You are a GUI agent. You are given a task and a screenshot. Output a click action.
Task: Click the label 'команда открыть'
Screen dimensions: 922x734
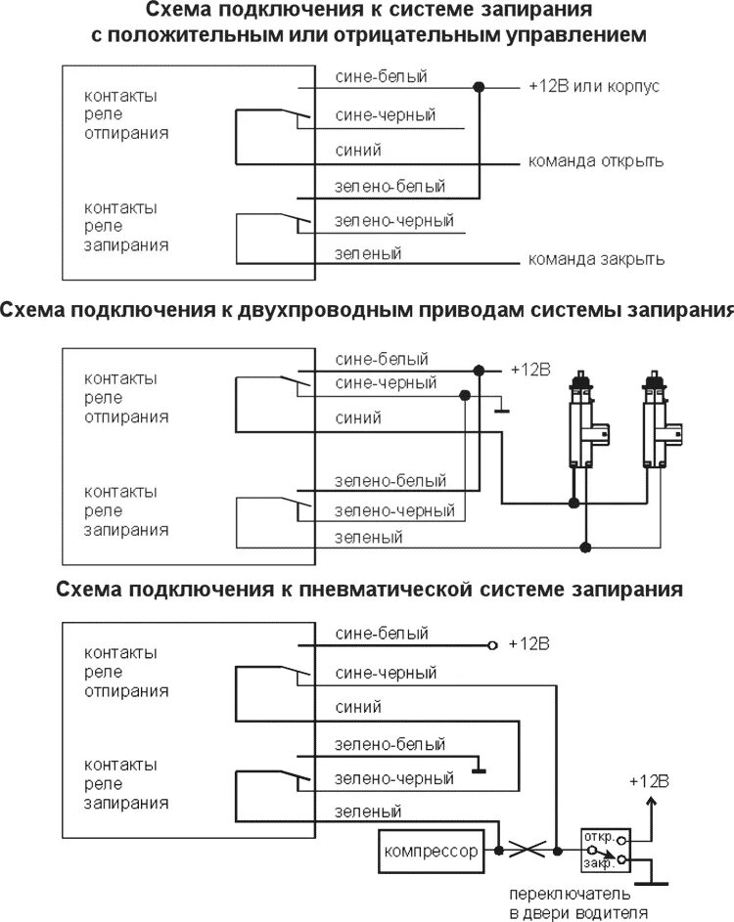click(x=596, y=161)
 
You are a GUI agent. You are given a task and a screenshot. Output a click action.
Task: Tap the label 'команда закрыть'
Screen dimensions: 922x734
click(x=596, y=260)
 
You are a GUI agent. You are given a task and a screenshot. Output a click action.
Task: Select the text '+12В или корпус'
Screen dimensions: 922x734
click(x=593, y=86)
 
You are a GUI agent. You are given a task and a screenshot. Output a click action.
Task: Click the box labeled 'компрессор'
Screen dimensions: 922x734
click(x=432, y=851)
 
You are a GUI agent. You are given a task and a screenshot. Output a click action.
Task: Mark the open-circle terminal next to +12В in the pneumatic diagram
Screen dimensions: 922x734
click(x=492, y=645)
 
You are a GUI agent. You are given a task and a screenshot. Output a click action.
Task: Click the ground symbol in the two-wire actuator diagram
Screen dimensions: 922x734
click(x=500, y=410)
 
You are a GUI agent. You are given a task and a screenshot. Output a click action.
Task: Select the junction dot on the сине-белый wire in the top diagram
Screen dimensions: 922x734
click(x=479, y=87)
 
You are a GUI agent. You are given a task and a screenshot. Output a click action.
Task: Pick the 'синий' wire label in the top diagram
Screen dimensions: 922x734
click(x=351, y=150)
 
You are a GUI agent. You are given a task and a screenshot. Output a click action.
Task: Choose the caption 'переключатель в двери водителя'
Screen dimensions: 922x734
click(x=577, y=903)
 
